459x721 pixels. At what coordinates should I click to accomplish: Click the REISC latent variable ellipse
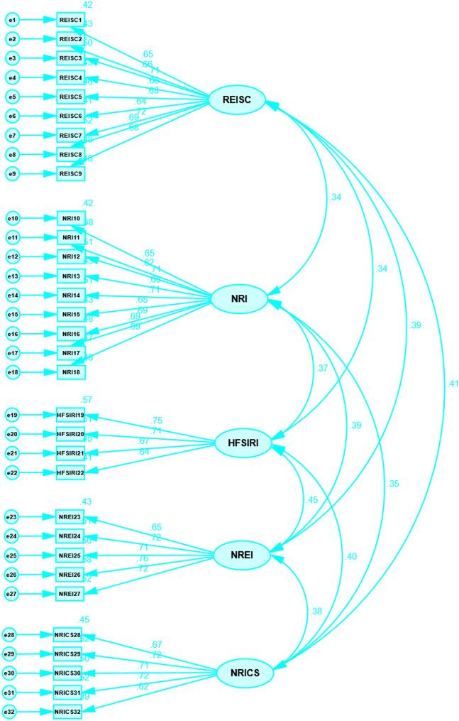tap(236, 101)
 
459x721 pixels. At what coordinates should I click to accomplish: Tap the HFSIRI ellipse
tap(243, 444)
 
